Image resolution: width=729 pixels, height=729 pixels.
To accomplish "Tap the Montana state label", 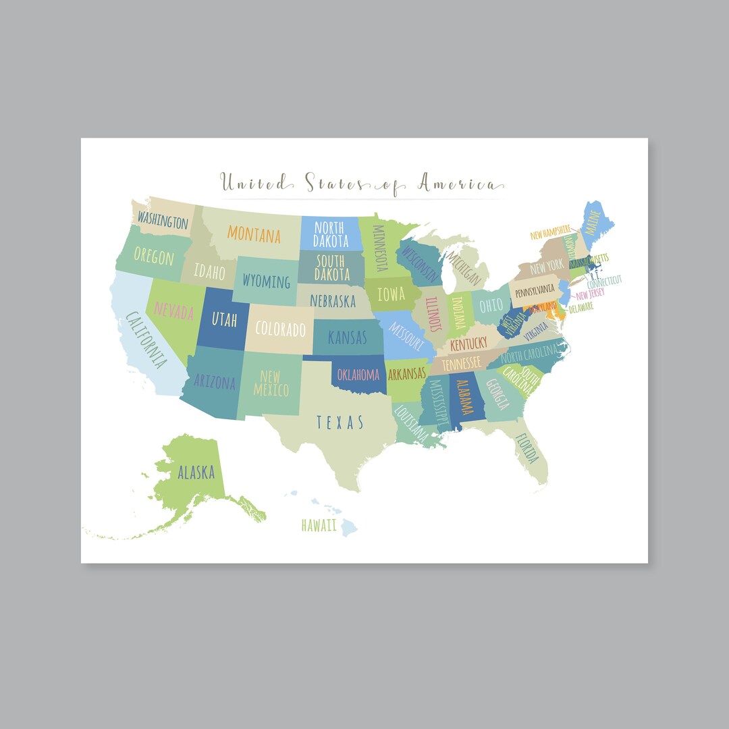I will pos(254,234).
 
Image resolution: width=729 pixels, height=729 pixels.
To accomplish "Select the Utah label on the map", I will pos(224,319).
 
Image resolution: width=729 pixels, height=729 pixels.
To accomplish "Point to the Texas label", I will pos(340,423).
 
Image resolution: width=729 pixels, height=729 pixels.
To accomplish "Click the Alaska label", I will pos(196,472).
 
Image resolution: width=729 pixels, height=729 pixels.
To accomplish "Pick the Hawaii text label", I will pos(319,526).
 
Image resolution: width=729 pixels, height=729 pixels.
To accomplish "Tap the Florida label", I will pos(527,448).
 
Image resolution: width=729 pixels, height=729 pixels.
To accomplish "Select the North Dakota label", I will pos(331,234).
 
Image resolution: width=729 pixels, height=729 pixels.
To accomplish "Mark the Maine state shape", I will pos(593,226).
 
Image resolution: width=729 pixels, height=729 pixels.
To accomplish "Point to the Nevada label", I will pos(173,311).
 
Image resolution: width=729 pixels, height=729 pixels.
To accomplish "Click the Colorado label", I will pos(280,330).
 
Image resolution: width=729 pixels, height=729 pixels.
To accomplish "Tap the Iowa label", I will pos(391,294).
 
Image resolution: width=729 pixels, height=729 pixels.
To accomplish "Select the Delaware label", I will pos(581,307).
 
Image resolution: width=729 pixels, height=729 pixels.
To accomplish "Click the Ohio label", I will pos(491,305).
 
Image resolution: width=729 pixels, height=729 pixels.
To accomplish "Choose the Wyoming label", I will pos(266,281).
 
